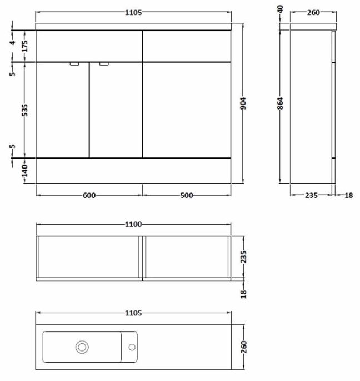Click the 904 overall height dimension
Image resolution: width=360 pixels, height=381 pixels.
[x=243, y=103]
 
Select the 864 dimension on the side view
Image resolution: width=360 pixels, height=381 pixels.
[x=280, y=103]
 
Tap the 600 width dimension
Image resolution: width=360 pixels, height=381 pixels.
[x=89, y=195]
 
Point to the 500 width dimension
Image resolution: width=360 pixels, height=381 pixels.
[x=187, y=195]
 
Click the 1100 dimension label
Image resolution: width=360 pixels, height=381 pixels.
[x=133, y=224]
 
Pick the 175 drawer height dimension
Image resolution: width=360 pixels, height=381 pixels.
[x=25, y=46]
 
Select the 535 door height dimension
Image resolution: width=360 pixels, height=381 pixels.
[x=25, y=110]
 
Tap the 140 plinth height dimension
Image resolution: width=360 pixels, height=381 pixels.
[x=25, y=170]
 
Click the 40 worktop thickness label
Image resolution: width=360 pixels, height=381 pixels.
[x=280, y=9]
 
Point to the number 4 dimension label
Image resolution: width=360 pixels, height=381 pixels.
[x=12, y=42]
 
